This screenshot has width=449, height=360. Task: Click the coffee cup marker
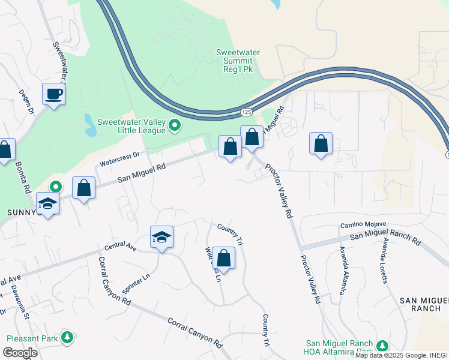point(53,94)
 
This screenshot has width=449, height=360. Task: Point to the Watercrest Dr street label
point(119,158)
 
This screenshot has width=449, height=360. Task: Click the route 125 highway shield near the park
point(246,112)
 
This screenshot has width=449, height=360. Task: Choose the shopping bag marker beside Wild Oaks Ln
point(223,259)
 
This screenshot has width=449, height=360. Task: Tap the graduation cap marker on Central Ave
point(161,238)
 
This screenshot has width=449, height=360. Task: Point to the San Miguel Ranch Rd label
point(385,236)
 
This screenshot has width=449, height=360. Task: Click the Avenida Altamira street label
point(342,270)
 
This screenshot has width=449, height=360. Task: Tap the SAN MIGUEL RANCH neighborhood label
point(424,304)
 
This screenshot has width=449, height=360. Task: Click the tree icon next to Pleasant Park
point(68,338)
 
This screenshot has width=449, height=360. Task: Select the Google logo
point(20,353)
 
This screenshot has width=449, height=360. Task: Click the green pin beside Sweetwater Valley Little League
point(175,125)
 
